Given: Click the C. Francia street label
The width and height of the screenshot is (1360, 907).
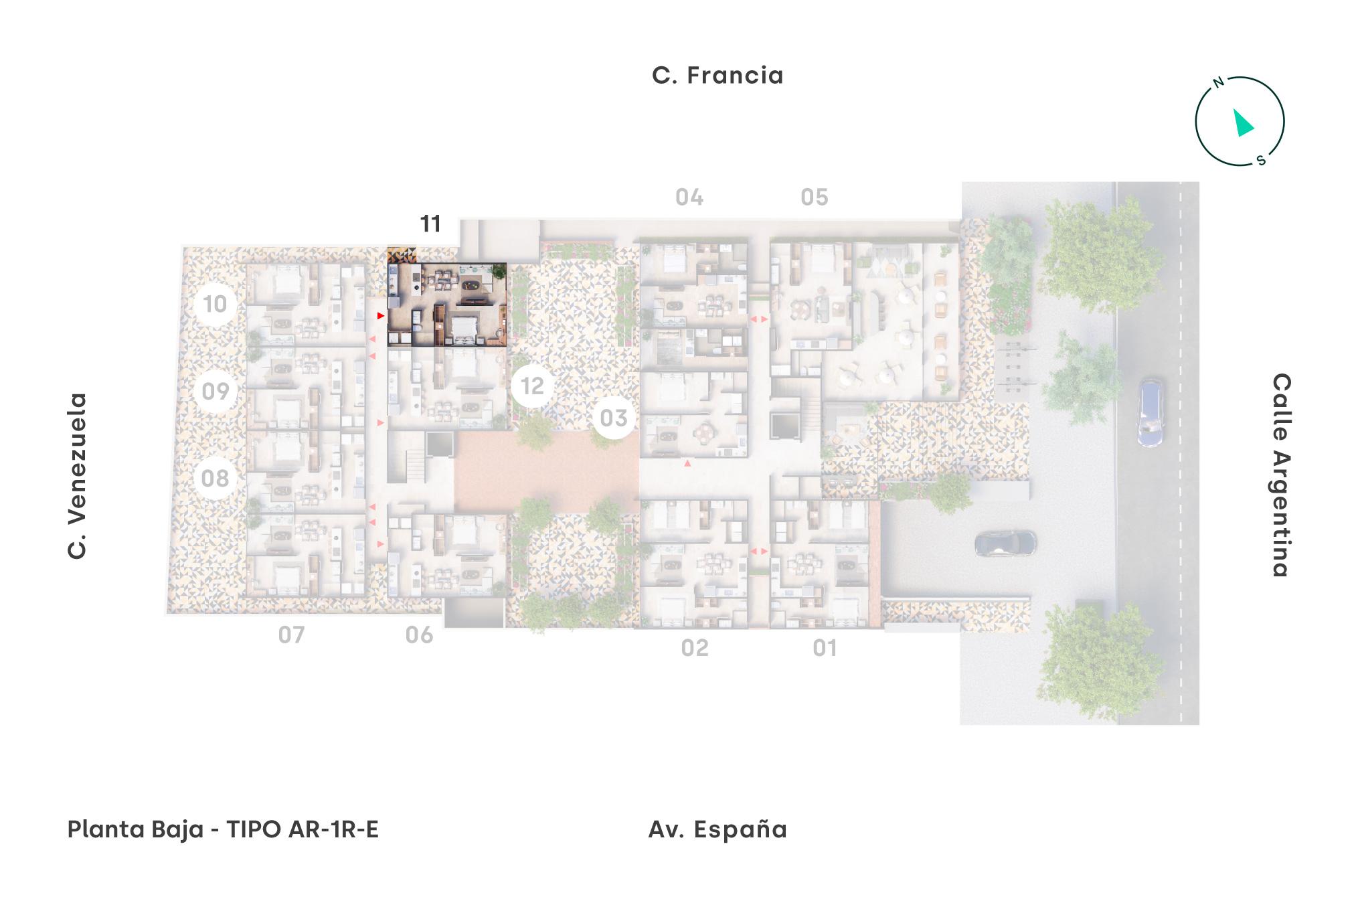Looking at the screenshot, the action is coord(717,75).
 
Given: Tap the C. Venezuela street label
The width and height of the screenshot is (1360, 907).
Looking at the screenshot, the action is coord(78,476).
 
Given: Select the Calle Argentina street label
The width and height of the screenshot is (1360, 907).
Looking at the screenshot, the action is coord(1280,475).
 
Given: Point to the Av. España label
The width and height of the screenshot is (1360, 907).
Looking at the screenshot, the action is coord(717,829).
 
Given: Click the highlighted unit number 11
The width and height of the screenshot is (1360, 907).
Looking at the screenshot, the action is coord(430,224).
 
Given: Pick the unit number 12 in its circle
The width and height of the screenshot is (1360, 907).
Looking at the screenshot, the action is coord(533,386).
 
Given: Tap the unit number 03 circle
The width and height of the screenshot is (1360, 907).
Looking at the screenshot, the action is coord(614,418).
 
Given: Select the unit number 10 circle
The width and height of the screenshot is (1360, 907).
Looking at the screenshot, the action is coord(215,304).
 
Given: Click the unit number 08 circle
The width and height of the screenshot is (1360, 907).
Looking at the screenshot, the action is coord(215,478).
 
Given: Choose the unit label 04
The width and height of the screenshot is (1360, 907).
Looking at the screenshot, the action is coord(689,197).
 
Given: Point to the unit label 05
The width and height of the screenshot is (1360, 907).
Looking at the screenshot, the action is coord(815,197).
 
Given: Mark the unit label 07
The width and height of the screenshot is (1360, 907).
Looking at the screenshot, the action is coord(292,635).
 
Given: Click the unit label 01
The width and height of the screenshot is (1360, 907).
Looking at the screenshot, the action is coord(825,648).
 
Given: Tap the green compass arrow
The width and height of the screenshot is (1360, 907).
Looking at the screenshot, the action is coord(1243,124).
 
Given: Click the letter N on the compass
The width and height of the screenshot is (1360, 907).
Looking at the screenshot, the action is coord(1219,83).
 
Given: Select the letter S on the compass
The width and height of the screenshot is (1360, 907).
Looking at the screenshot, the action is coord(1261,160).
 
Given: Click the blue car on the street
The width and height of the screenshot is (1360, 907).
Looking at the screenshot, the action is coord(1150,413).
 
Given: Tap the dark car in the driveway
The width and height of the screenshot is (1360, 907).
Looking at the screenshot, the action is coord(1005,543).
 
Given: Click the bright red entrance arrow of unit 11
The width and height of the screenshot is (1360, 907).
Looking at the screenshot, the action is coord(380,315).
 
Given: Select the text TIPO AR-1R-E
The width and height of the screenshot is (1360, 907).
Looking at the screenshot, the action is coord(303,829).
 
